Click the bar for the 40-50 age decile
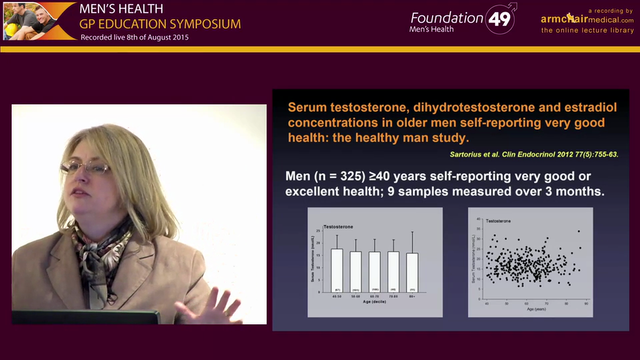point(336,270)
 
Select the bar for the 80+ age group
point(412,272)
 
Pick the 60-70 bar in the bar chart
point(374,271)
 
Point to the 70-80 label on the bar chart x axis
point(393,296)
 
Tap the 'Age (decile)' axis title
point(374,301)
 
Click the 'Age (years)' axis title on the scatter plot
point(536,309)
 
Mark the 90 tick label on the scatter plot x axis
point(586,303)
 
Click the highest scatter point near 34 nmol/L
point(578,231)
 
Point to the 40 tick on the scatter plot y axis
point(478,219)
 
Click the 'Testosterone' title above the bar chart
point(338,226)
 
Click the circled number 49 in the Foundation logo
point(499,19)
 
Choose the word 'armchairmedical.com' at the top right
point(587,19)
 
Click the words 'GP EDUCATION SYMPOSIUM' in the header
point(160,23)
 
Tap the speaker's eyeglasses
point(85,167)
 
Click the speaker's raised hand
point(215,306)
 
